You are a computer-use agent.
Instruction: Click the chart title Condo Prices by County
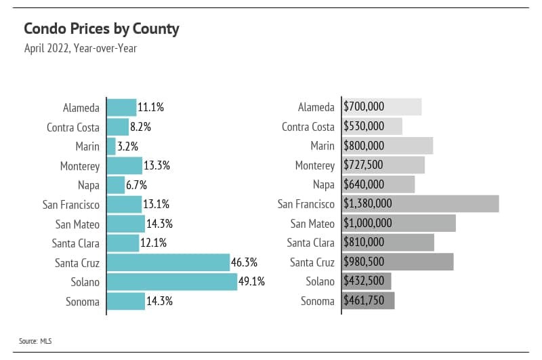[101, 28]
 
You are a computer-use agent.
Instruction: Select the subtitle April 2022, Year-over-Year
[80, 49]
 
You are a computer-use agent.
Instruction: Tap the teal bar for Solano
[172, 281]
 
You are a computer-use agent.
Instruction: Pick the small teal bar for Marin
[112, 146]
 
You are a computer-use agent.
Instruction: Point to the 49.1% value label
[252, 281]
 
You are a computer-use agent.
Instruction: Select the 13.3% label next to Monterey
[157, 165]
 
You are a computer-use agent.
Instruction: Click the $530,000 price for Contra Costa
[364, 127]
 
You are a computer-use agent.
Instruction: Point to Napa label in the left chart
[88, 185]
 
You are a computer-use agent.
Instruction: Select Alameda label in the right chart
[316, 107]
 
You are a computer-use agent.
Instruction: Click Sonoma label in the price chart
[318, 301]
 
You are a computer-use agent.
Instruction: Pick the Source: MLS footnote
[35, 341]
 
